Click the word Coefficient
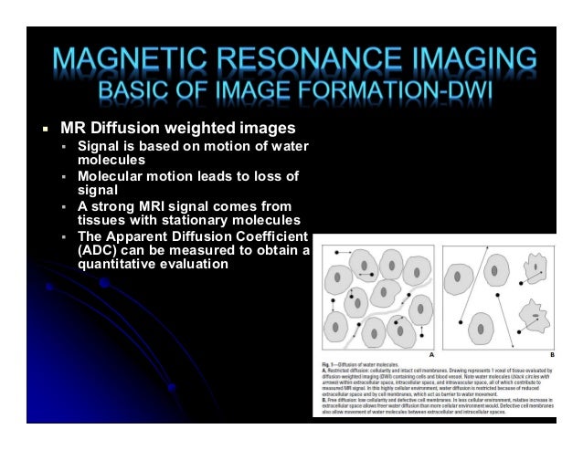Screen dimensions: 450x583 pyautogui.click(x=266, y=235)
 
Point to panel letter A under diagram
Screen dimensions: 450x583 pyautogui.click(x=429, y=352)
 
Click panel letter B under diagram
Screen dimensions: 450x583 pyautogui.click(x=552, y=352)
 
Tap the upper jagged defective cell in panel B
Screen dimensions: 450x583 pyautogui.click(x=532, y=270)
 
